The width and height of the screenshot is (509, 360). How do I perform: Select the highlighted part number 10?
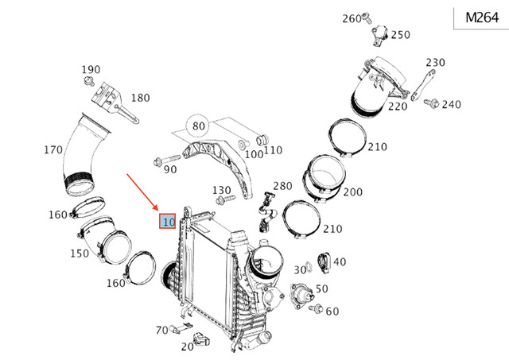(x=167, y=222)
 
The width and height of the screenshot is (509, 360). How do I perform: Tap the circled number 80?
(x=198, y=126)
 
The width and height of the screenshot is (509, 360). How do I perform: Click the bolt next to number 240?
(x=430, y=103)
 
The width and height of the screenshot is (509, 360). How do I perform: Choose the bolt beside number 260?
(x=366, y=17)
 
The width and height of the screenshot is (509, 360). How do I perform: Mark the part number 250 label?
(x=401, y=34)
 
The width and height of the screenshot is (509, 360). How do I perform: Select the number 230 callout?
(x=435, y=62)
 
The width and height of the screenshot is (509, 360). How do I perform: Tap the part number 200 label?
(x=352, y=192)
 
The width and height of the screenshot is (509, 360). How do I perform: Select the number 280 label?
(x=282, y=186)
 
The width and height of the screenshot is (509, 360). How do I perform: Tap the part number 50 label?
(x=322, y=288)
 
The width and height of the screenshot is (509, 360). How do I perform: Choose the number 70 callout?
(x=161, y=329)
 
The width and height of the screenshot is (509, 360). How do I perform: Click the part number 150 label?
(x=79, y=253)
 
